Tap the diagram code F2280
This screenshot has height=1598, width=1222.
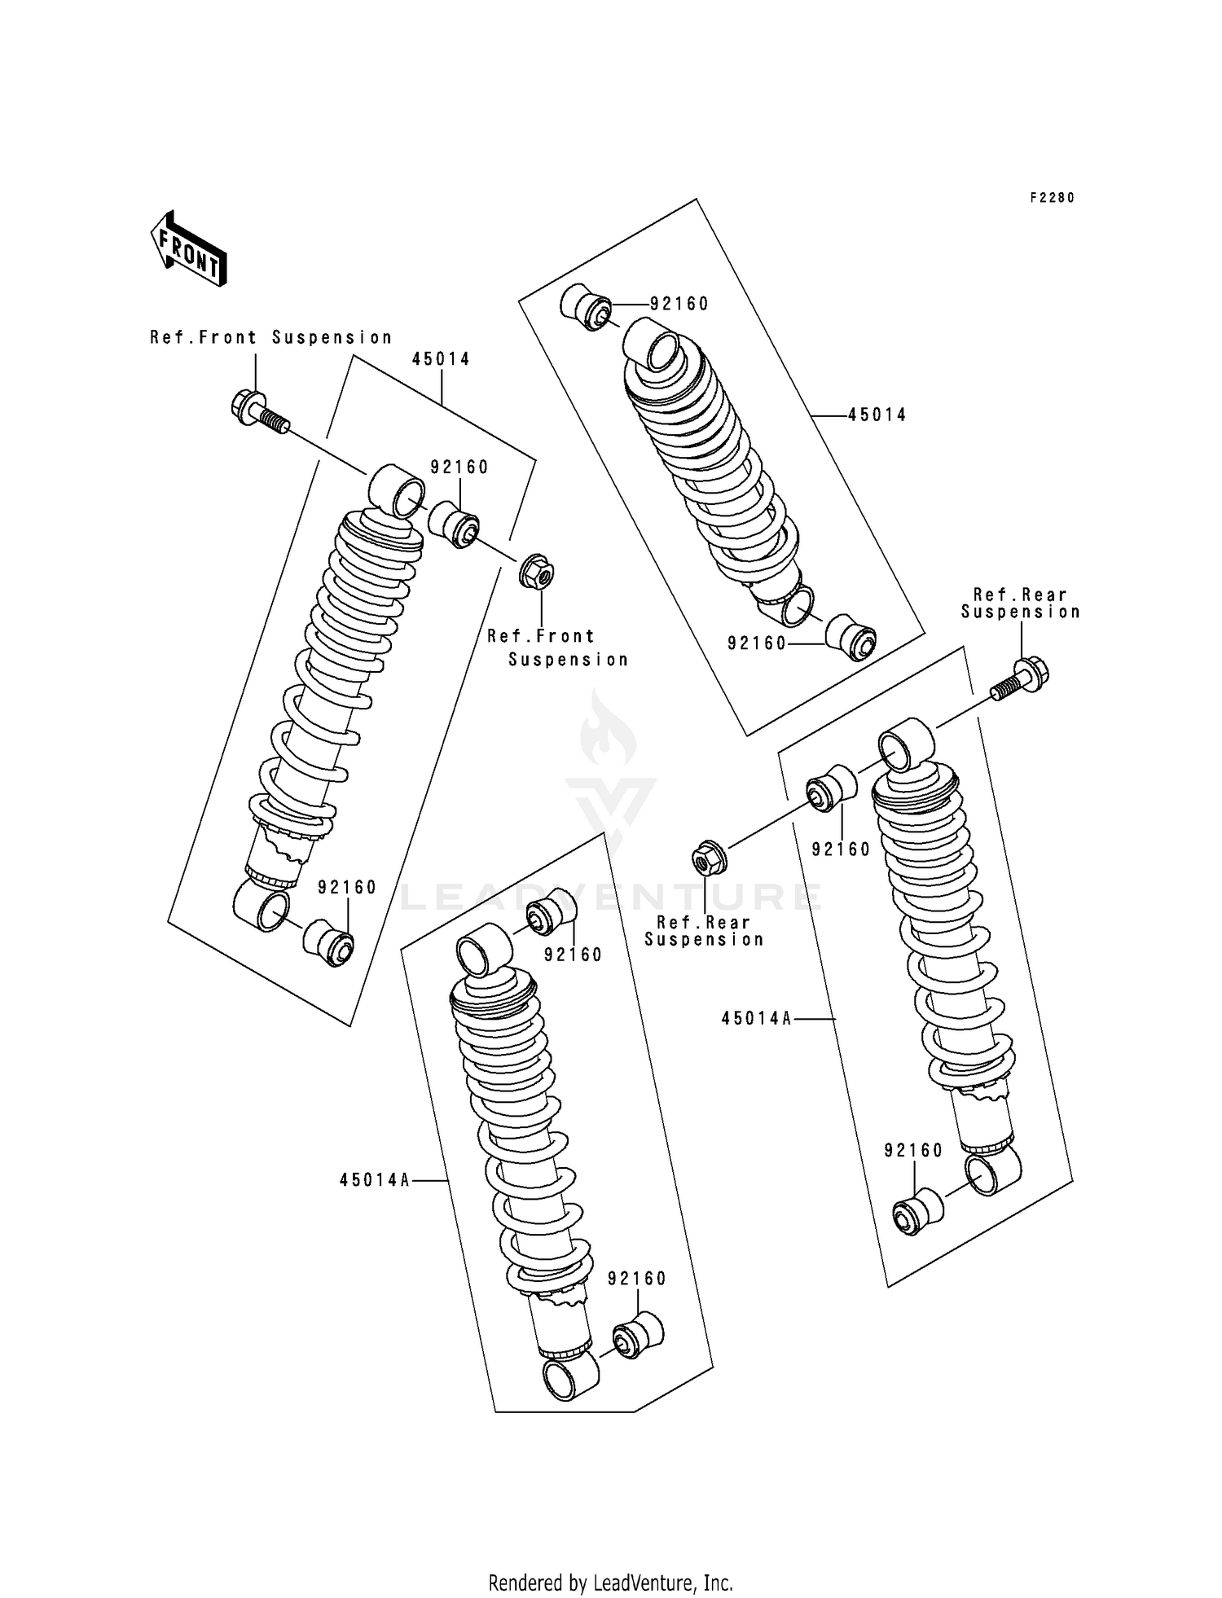point(1052,198)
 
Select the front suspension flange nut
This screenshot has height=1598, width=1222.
point(536,573)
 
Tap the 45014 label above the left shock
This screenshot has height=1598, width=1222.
point(441,359)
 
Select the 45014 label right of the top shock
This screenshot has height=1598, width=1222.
point(877,415)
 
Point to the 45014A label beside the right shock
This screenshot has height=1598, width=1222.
point(756,1018)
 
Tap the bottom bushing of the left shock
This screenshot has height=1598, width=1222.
point(329,944)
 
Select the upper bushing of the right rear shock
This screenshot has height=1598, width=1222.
point(831,788)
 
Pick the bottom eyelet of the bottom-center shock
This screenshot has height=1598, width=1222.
point(569,1376)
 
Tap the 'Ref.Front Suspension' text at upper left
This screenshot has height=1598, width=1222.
point(270,337)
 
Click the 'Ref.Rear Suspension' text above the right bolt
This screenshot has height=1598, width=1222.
point(1020,604)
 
